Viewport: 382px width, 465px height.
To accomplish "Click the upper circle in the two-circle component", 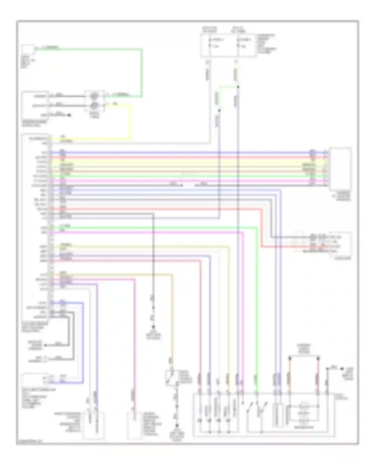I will click(x=94, y=96).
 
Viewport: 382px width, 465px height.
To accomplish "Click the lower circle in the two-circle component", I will click(x=94, y=105).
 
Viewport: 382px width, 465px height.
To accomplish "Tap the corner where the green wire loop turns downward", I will click(x=142, y=49).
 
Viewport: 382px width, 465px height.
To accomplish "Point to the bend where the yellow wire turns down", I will click(x=131, y=105).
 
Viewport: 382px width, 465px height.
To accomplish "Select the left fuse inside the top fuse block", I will click(x=210, y=43).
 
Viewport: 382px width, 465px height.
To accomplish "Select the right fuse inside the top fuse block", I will click(x=238, y=43).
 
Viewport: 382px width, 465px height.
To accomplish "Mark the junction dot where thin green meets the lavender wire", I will click(x=238, y=87).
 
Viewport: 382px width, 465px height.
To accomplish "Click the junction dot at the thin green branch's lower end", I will click(x=219, y=110).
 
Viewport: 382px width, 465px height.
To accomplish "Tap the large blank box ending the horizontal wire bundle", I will click(x=340, y=168).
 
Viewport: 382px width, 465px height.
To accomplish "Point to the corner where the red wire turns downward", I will click(x=261, y=209).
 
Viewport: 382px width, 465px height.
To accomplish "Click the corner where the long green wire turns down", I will click(x=257, y=228).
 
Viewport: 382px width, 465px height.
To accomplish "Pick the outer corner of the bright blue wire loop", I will click(x=83, y=303).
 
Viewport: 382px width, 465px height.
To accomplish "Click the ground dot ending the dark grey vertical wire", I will click(x=153, y=327).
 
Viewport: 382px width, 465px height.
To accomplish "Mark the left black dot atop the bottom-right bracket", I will click(x=290, y=358).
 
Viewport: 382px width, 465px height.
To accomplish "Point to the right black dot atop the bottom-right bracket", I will click(x=318, y=358).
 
